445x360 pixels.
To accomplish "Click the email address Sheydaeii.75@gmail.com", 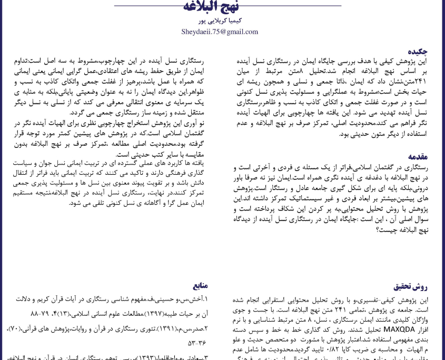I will click(220, 32).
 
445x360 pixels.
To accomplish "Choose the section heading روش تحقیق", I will click(410, 287).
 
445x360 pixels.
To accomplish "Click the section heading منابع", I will click(198, 285).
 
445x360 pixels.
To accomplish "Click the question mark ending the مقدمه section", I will click(378, 229).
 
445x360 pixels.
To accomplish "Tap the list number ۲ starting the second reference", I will click(206, 329).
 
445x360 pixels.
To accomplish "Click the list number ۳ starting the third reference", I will click(206, 357).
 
